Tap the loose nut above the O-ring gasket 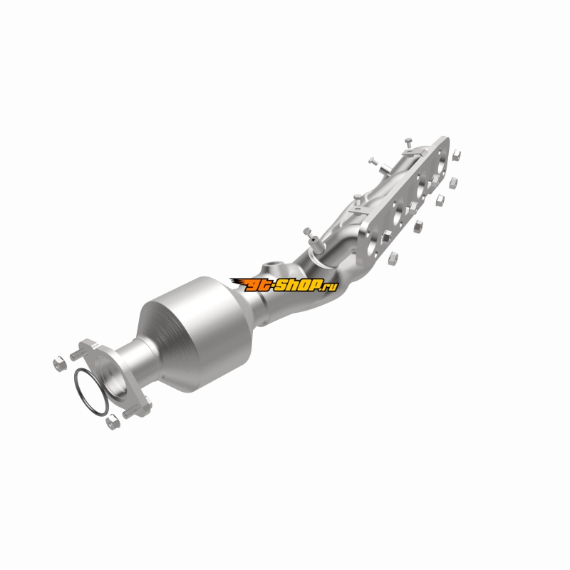click(x=60, y=363)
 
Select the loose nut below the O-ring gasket click(x=112, y=423)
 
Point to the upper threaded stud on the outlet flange click(x=77, y=353)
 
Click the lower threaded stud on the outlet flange click(x=130, y=413)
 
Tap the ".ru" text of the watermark click(x=331, y=287)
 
